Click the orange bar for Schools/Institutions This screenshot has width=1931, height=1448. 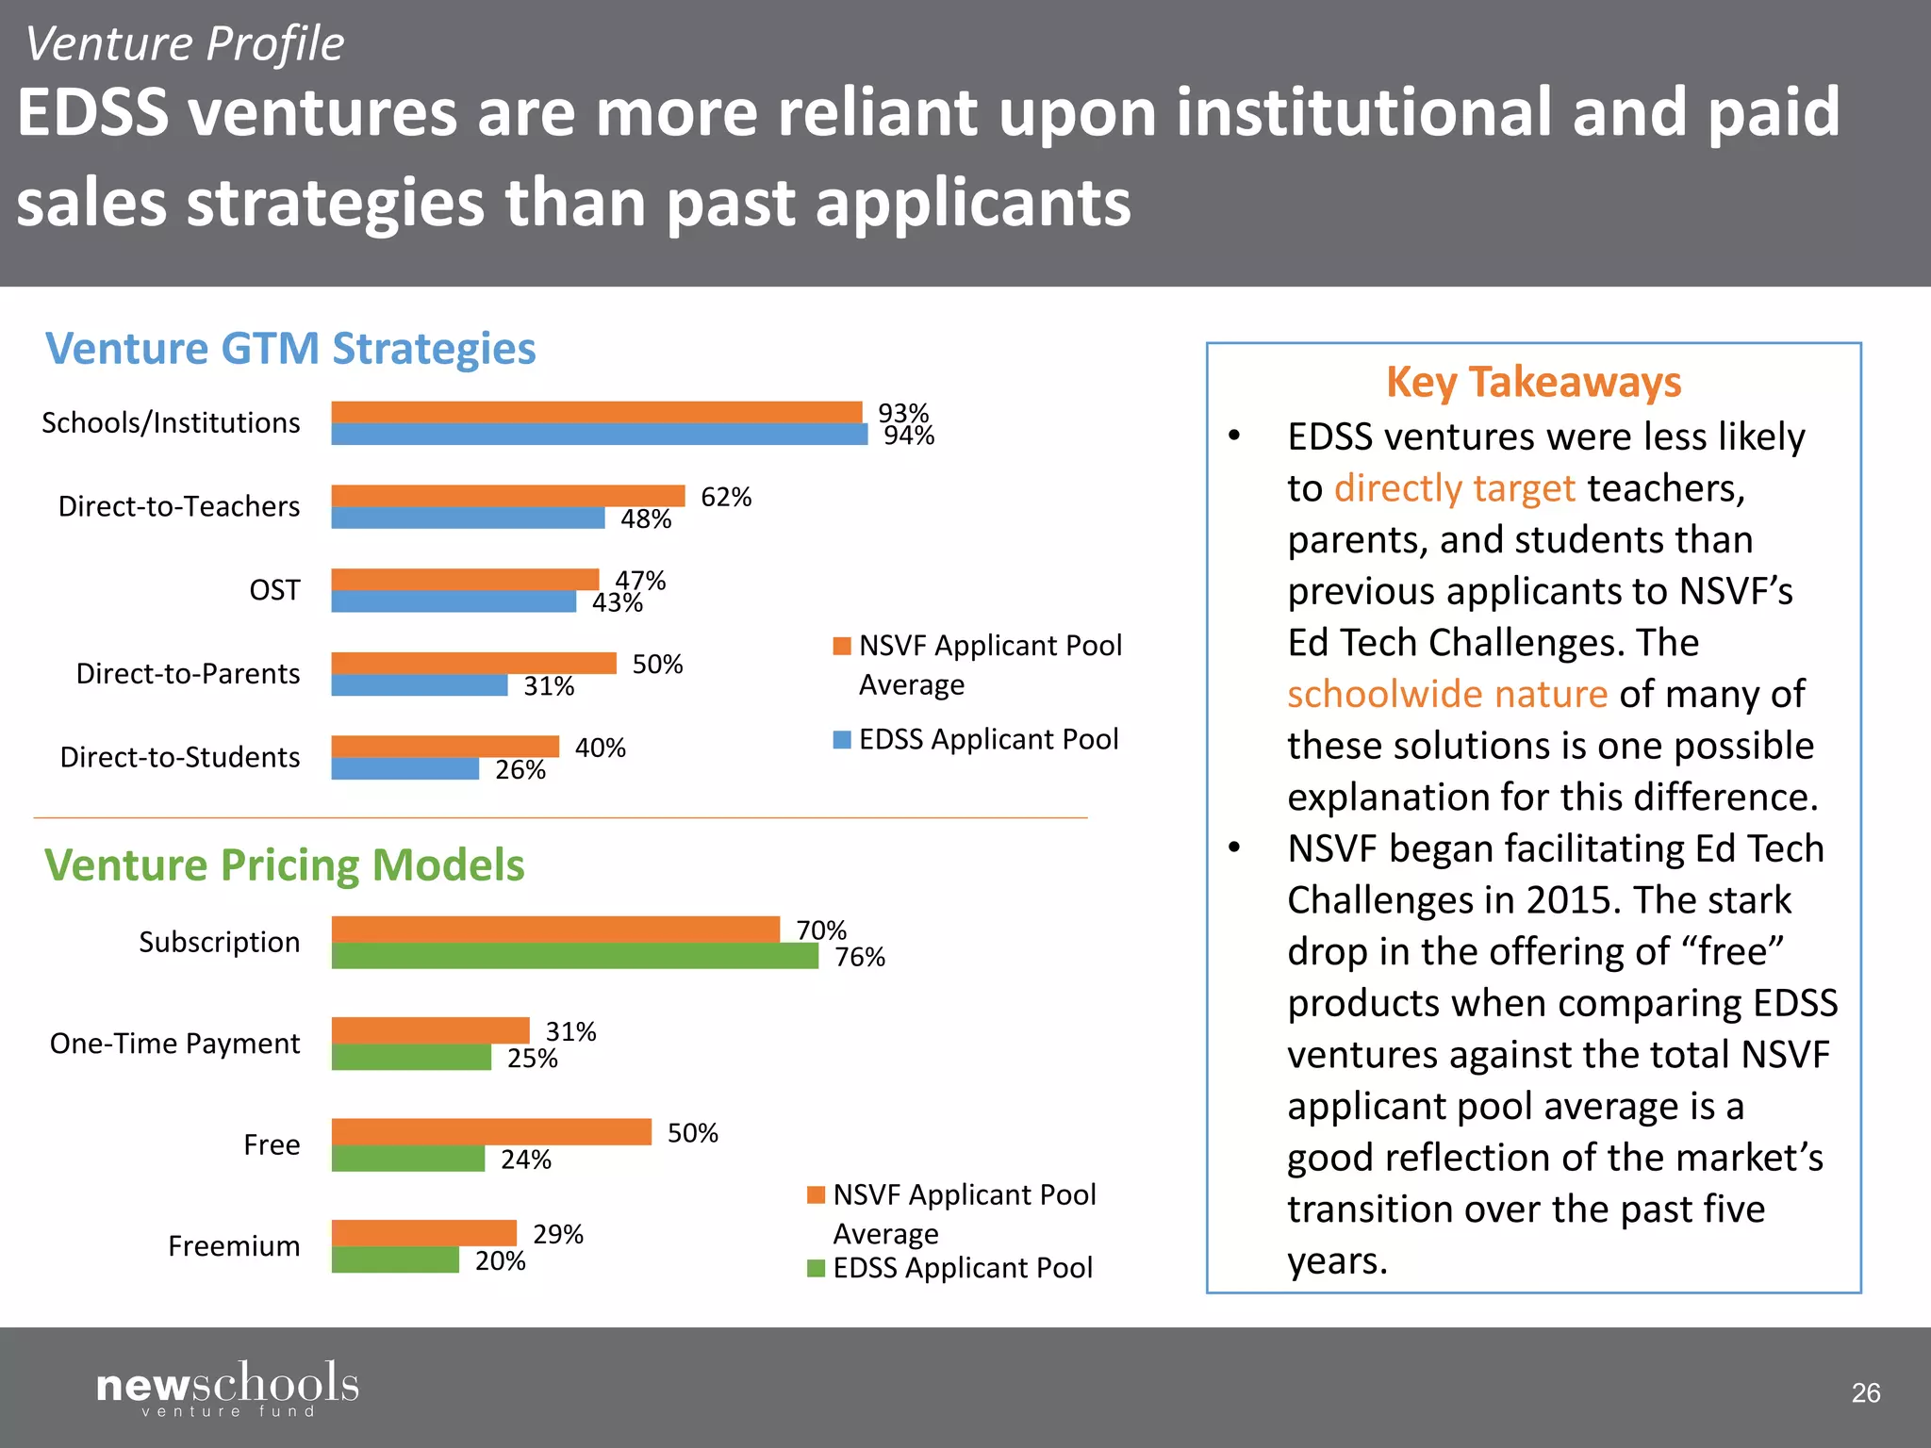(596, 412)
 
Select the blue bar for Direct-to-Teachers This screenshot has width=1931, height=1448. (468, 518)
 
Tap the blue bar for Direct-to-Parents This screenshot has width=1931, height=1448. (420, 685)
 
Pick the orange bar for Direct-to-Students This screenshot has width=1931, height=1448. (445, 747)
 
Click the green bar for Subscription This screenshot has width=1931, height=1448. (574, 956)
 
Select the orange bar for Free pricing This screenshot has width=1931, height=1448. (491, 1131)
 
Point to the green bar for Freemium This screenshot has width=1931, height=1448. (395, 1259)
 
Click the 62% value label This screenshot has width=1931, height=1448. (726, 497)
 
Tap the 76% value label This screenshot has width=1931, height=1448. (860, 958)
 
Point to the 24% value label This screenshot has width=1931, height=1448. (526, 1160)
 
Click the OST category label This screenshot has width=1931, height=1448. (274, 590)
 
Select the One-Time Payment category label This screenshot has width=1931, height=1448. (174, 1044)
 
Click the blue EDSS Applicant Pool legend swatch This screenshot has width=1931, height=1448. (842, 739)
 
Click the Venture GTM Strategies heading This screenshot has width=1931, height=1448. (290, 349)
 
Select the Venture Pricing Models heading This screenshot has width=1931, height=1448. (284, 865)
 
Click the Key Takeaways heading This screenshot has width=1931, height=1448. (1533, 382)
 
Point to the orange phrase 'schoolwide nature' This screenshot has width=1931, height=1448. (1447, 694)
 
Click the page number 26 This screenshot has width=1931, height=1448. (1865, 1392)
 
